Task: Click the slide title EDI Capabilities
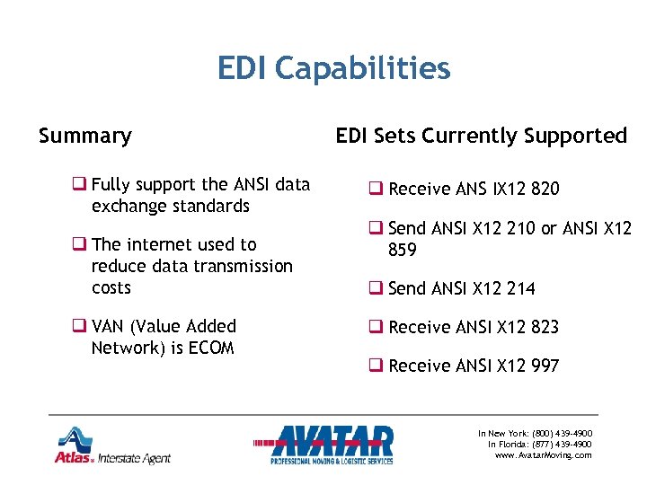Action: point(333,68)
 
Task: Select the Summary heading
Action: point(85,136)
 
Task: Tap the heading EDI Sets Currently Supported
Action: point(481,136)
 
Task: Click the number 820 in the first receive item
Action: point(544,189)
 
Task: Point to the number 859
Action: point(403,251)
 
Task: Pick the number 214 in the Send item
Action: point(519,288)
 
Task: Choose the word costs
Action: point(111,287)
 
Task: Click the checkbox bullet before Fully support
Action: point(80,185)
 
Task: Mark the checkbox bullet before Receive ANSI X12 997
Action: point(377,366)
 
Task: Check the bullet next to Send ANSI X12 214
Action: point(377,288)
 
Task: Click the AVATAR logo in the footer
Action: point(332,444)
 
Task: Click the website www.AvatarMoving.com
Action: point(543,455)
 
